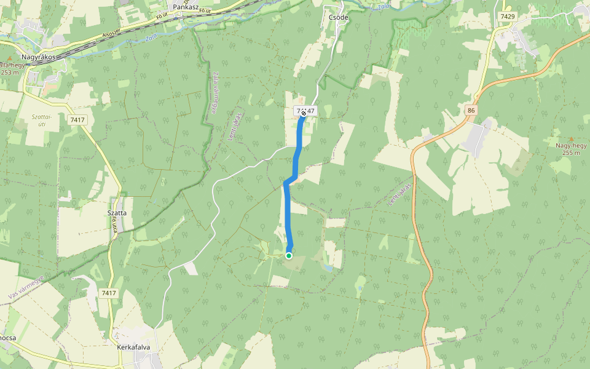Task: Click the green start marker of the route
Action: pos(288,255)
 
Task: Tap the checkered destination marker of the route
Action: pos(304,113)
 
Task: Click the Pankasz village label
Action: pos(185,7)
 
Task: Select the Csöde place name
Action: pos(337,17)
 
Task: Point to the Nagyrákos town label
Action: pos(38,57)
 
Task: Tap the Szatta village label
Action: pos(117,213)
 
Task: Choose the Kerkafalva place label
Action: pos(133,347)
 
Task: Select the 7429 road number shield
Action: pos(508,16)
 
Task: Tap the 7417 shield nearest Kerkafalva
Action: pos(109,293)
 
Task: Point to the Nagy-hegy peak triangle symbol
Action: pos(571,139)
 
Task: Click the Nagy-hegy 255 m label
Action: pos(571,149)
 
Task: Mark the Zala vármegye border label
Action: pos(216,93)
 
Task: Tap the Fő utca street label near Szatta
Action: pos(115,231)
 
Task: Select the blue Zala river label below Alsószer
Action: pos(150,36)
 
